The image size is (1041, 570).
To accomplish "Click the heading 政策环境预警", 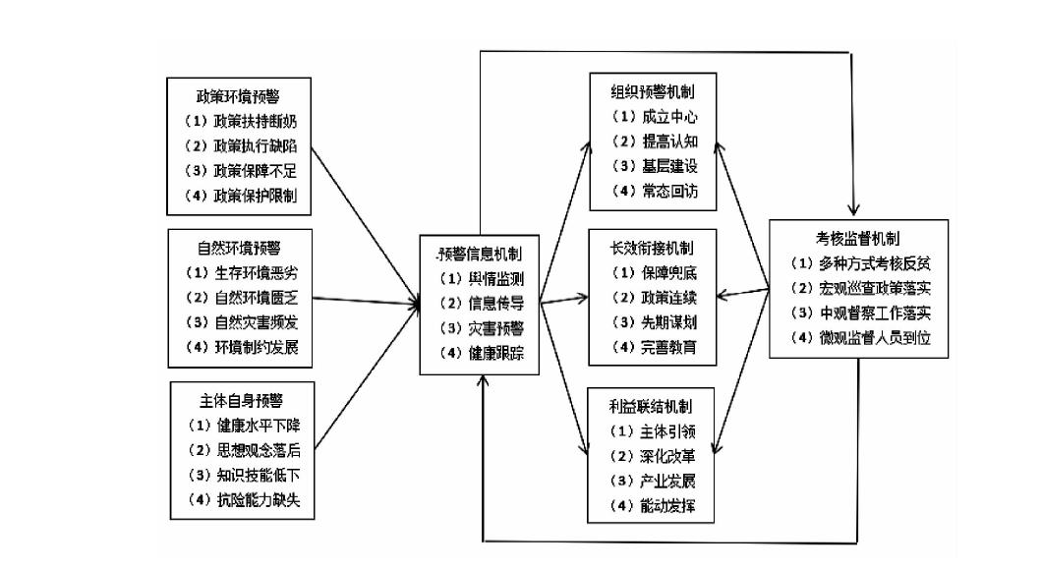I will [x=240, y=98].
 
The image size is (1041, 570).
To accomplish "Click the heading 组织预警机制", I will [x=652, y=91].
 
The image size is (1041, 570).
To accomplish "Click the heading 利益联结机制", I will [x=652, y=405].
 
